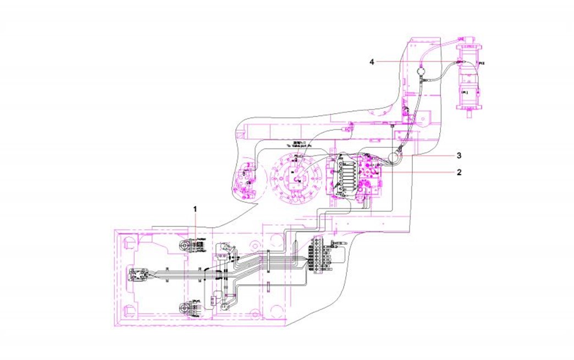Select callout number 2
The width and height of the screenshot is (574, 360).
(x=459, y=171)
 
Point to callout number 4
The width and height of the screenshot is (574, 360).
(x=372, y=62)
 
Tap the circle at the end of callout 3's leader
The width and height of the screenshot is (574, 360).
(x=394, y=157)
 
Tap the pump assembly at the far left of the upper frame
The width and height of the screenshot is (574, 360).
(x=246, y=179)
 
